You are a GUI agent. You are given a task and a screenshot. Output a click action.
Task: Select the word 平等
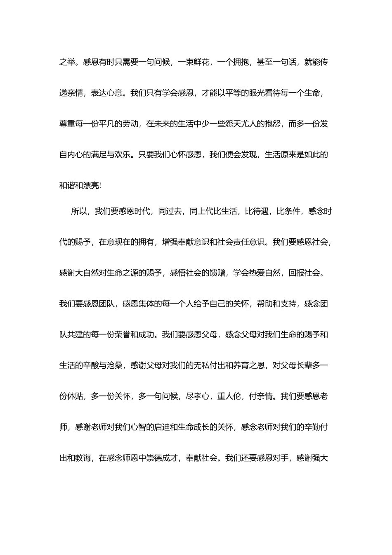point(225,93)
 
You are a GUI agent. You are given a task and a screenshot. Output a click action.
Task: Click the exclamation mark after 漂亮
point(101,186)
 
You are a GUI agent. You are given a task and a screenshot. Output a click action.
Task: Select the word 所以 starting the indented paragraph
point(79,212)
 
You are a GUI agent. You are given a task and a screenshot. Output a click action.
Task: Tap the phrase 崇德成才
point(162,458)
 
